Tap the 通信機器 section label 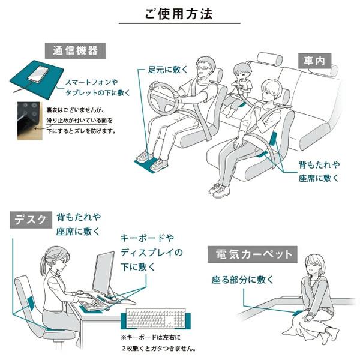pos(75,50)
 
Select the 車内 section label pos(313,61)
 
